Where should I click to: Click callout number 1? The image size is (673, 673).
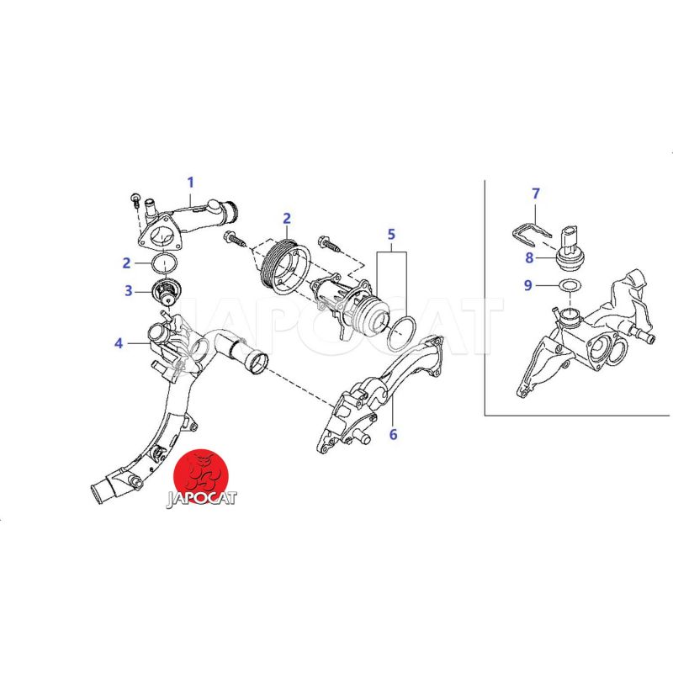pyautogui.click(x=191, y=183)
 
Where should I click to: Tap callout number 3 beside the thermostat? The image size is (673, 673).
pyautogui.click(x=129, y=290)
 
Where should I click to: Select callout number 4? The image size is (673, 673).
pyautogui.click(x=119, y=343)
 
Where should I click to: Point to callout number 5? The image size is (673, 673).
pyautogui.click(x=391, y=235)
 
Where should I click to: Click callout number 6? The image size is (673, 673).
pyautogui.click(x=393, y=434)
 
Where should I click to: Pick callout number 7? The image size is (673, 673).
pyautogui.click(x=536, y=193)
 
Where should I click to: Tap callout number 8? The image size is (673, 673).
pyautogui.click(x=529, y=257)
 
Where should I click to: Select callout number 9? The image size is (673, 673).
pyautogui.click(x=528, y=285)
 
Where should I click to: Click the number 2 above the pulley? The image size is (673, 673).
pyautogui.click(x=287, y=219)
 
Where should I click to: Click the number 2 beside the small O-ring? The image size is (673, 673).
pyautogui.click(x=126, y=262)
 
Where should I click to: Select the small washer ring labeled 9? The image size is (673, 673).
pyautogui.click(x=570, y=285)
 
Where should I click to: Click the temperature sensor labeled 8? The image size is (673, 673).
pyautogui.click(x=569, y=250)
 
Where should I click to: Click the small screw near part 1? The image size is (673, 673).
pyautogui.click(x=135, y=200)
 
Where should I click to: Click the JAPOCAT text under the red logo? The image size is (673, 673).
pyautogui.click(x=201, y=499)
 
